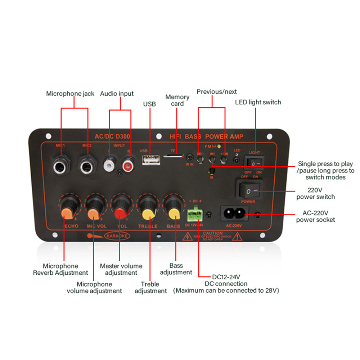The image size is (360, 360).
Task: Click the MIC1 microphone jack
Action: coord(60,166)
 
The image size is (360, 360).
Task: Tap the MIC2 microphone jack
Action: coord(87,166)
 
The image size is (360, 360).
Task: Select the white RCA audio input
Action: coord(109,165)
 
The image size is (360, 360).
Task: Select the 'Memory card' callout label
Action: coord(177,100)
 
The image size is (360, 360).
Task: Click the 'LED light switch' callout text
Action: coord(258,102)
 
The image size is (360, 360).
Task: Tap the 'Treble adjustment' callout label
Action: coord(150,287)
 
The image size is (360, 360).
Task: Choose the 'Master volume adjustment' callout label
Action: coord(121,269)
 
